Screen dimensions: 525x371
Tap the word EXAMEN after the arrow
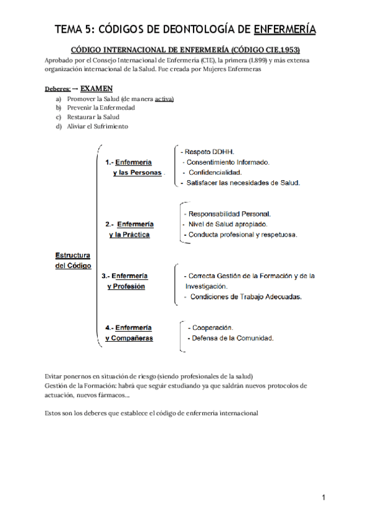click(x=96, y=88)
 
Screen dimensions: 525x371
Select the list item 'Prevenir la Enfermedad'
click(x=92, y=107)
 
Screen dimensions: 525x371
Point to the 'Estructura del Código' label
click(x=73, y=260)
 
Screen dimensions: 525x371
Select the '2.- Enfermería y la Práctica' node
click(x=130, y=229)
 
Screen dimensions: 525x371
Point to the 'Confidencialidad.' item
click(x=215, y=172)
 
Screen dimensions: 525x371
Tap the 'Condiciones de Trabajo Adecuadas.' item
click(x=246, y=297)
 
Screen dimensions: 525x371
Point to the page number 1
click(x=323, y=497)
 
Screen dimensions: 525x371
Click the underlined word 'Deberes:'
click(x=58, y=89)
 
